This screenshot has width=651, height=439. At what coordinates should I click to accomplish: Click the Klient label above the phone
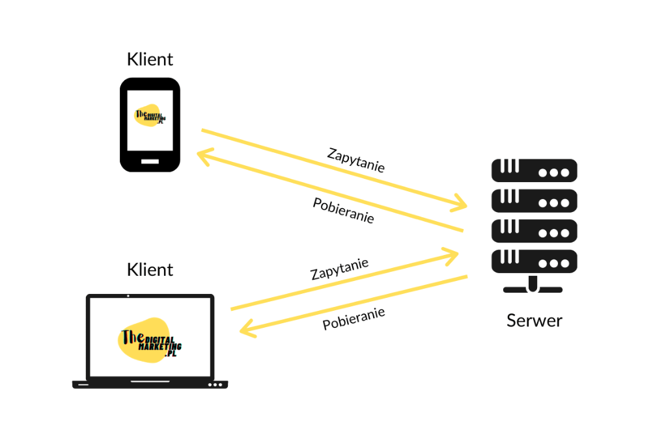pyautogui.click(x=150, y=59)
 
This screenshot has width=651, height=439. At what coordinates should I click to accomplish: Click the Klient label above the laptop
pyautogui.click(x=150, y=270)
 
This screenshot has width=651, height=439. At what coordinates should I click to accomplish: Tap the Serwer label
pyautogui.click(x=534, y=321)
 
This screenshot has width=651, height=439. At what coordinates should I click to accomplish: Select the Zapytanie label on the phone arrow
pyautogui.click(x=356, y=160)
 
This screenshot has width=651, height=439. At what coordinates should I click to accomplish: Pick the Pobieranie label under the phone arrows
pyautogui.click(x=343, y=210)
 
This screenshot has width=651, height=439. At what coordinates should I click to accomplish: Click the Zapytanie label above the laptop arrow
pyautogui.click(x=340, y=269)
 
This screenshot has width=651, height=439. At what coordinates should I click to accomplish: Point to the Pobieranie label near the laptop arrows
pyautogui.click(x=353, y=319)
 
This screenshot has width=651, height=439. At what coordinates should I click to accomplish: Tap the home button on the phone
pyautogui.click(x=150, y=161)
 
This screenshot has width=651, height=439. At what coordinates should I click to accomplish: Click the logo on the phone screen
pyautogui.click(x=150, y=115)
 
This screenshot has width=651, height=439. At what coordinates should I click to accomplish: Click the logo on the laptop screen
pyautogui.click(x=150, y=340)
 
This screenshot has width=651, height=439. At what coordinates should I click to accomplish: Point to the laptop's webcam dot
pyautogui.click(x=128, y=296)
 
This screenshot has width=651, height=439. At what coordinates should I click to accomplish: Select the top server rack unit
pyautogui.click(x=534, y=170)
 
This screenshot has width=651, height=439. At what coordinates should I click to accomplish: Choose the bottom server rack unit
pyautogui.click(x=534, y=261)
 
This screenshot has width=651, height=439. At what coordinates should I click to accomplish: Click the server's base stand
pyautogui.click(x=533, y=286)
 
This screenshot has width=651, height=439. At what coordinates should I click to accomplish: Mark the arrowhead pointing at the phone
pyautogui.click(x=204, y=157)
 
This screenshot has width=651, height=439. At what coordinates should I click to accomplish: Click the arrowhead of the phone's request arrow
pyautogui.click(x=460, y=203)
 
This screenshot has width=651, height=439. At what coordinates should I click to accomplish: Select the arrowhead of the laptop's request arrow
pyautogui.click(x=451, y=256)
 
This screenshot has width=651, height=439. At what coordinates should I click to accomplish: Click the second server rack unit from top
pyautogui.click(x=534, y=201)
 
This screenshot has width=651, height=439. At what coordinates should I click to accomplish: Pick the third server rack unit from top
pyautogui.click(x=534, y=231)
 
